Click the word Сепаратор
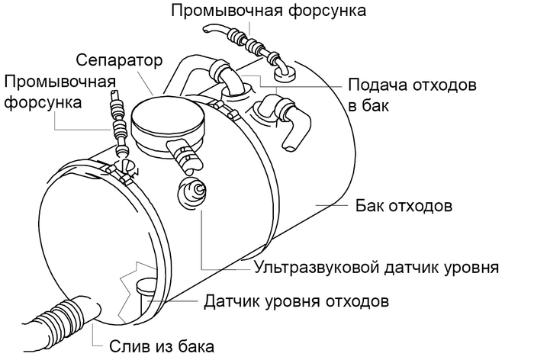[x=120, y=59]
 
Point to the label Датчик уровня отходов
[x=297, y=301]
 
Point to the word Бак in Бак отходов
[x=368, y=206]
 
